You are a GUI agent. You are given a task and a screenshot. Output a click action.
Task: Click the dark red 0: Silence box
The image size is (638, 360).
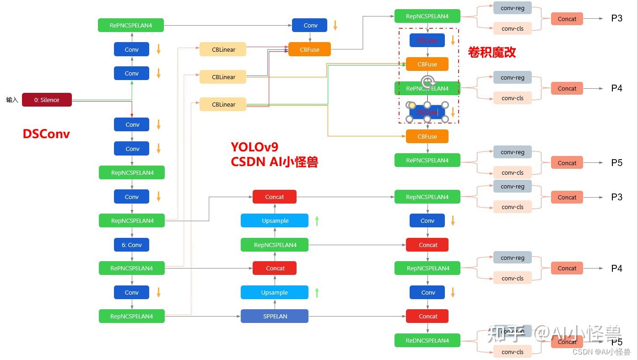coord(47,100)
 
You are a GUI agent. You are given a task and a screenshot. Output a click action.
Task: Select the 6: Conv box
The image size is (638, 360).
coord(131,245)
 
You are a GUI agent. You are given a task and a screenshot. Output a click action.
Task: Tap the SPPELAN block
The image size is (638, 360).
coord(275,316)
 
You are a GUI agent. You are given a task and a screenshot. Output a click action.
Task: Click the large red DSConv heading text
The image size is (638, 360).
coord(46,134)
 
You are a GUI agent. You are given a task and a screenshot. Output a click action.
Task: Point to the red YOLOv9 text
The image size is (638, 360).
coord(254,147)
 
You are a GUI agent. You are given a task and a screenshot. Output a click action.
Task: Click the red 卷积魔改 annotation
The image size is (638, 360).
coord(492,52)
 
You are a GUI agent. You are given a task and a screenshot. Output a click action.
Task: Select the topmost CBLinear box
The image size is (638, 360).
coord(223,49)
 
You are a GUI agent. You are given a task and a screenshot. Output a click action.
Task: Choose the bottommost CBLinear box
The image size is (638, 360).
coord(223,104)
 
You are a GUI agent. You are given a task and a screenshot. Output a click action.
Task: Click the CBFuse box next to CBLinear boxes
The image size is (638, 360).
coord(309,49)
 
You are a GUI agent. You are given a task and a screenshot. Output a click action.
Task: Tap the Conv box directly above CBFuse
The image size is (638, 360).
coord(309,25)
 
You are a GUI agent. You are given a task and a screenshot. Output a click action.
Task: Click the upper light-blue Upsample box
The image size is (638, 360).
coord(275,220)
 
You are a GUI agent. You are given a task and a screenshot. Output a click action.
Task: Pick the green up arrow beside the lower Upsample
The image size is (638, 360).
coord(317,292)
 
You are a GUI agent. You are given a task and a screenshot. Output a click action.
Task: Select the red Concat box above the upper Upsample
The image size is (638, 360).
coord(275,197)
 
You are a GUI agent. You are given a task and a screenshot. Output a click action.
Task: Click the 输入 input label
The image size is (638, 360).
coord(12,100)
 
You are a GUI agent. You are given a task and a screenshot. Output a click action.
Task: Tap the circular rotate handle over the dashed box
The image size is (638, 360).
coord(427,82)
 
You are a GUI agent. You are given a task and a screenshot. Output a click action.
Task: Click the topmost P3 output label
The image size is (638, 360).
coord(616,19)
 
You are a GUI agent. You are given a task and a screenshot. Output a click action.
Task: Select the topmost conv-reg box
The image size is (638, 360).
coord(512,8)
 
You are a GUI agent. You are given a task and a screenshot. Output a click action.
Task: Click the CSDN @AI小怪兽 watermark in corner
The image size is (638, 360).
coord(601,352)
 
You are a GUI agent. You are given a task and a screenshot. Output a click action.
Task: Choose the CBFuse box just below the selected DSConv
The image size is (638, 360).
coord(427,136)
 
